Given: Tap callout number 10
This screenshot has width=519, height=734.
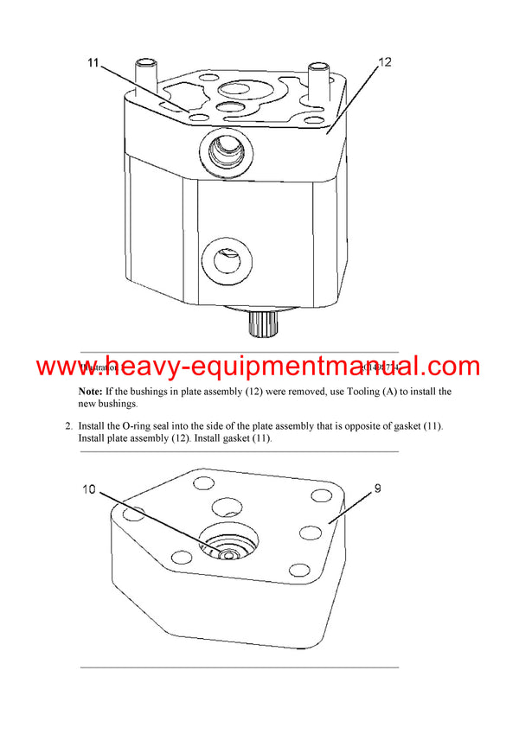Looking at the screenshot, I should point(89,489).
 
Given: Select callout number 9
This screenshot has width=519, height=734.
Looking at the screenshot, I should point(377,488).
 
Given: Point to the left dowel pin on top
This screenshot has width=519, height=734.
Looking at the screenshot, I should point(144,76).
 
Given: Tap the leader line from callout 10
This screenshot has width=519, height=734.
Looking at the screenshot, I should point(156,520).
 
